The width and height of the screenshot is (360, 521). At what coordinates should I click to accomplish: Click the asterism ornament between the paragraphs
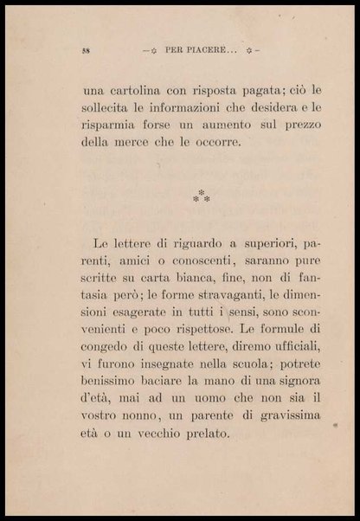(201, 196)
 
